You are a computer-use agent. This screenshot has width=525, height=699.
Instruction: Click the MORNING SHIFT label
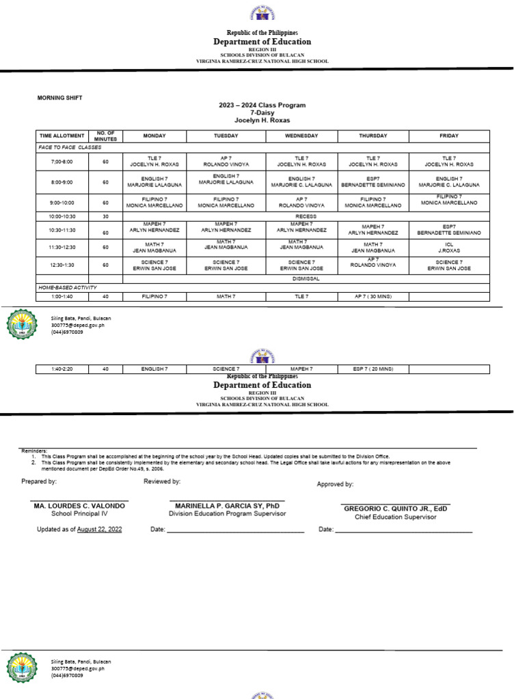[x=59, y=98]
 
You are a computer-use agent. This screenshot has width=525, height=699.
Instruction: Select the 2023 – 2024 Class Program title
[x=262, y=105]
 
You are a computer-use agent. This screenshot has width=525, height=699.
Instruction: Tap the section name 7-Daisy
[x=262, y=113]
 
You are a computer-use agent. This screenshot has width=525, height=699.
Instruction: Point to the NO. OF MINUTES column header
[x=106, y=136]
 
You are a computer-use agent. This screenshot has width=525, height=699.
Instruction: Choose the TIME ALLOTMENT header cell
[x=62, y=136]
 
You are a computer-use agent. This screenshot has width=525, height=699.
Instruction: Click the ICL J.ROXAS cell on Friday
[x=449, y=247]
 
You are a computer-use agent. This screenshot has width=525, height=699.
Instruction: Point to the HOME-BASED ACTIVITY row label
[x=68, y=288]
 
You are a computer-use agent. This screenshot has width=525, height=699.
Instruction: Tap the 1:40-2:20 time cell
[x=62, y=369]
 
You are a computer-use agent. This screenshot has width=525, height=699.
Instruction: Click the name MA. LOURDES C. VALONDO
[x=79, y=506]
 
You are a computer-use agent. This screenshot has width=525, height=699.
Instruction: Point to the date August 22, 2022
[x=100, y=530]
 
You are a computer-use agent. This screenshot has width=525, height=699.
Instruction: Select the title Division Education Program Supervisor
[x=228, y=514]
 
